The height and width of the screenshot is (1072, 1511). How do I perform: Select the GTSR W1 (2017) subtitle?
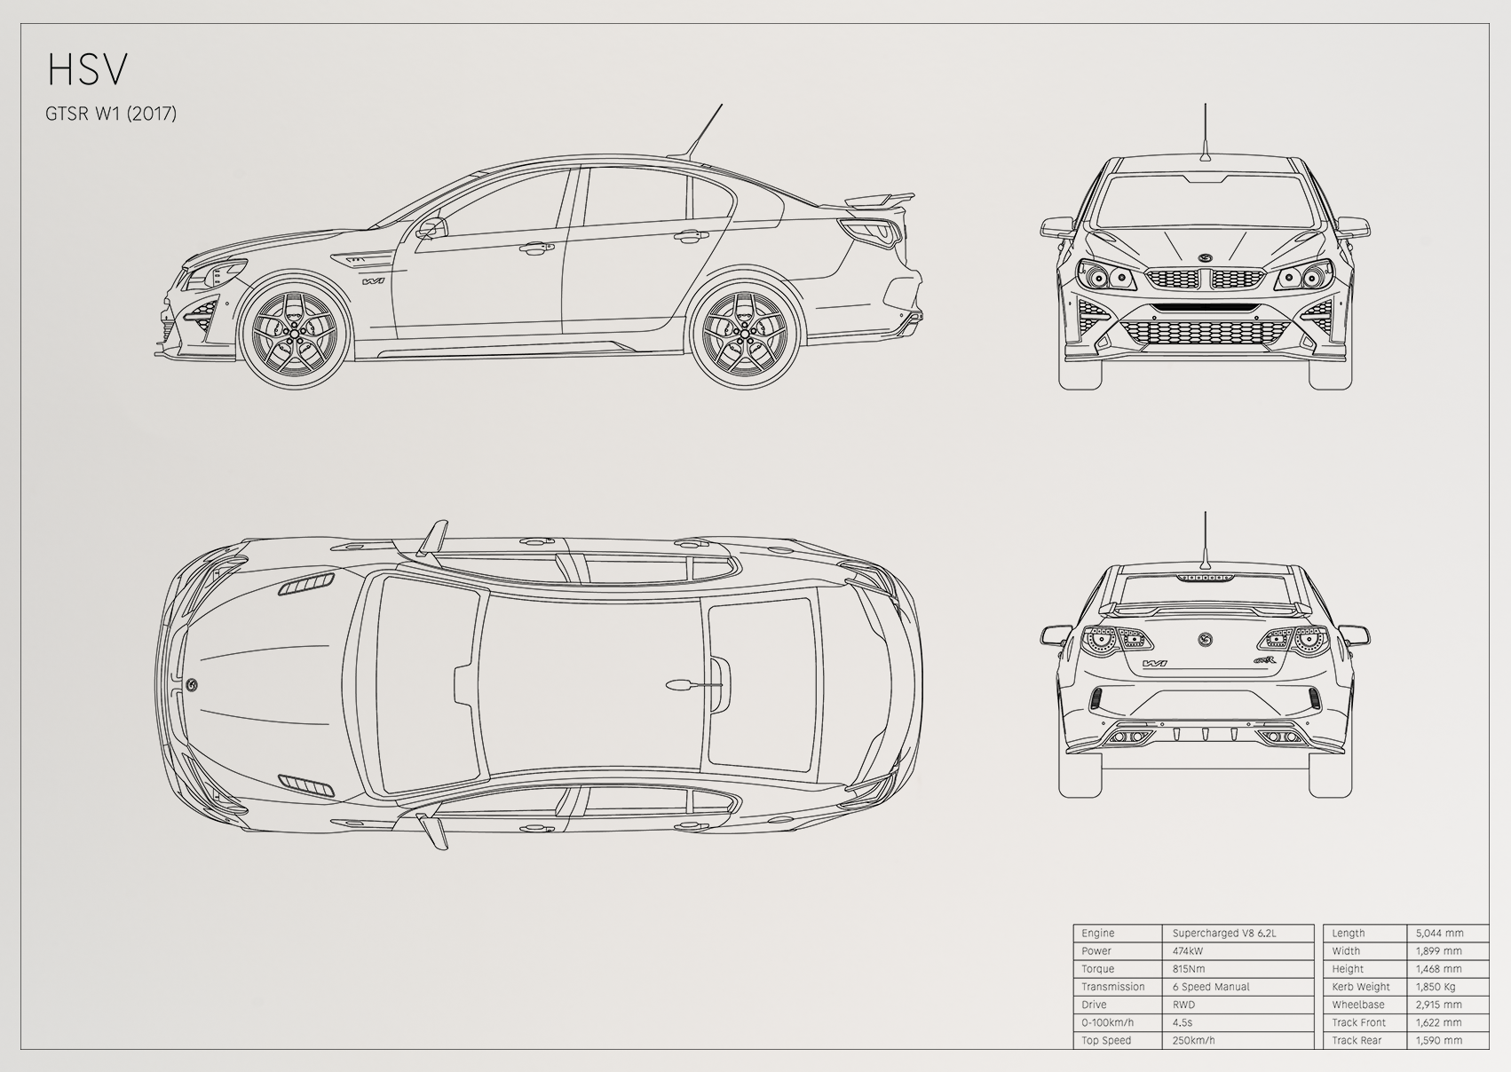point(111,114)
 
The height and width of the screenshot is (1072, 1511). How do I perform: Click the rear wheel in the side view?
point(746,333)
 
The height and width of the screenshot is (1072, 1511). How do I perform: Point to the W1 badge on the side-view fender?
point(373,281)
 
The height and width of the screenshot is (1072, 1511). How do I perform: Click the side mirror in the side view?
point(431,228)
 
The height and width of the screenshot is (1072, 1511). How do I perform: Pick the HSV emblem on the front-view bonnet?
point(1205,259)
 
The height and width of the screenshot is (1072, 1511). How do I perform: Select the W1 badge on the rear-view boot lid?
point(1155,664)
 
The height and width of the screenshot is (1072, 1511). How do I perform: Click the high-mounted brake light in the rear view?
point(1205,578)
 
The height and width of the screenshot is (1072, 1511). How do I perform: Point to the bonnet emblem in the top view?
point(193,684)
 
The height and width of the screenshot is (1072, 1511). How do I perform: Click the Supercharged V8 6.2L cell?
point(1224,933)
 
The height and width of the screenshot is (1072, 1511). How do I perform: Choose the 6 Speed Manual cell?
point(1211,987)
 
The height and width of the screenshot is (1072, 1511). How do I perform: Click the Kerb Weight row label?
point(1361,987)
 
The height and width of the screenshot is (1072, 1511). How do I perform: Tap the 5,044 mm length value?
point(1439,933)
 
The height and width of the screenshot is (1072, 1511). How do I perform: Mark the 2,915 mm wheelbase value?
point(1438,1005)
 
